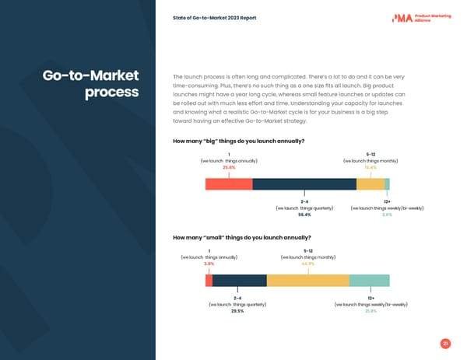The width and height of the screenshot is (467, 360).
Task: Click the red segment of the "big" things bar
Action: pyautogui.click(x=229, y=184)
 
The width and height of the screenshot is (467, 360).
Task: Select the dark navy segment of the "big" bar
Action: pyautogui.click(x=304, y=184)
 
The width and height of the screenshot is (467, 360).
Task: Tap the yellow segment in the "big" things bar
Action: pyautogui.click(x=370, y=184)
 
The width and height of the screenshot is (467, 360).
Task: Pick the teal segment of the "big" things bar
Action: pyautogui.click(x=387, y=184)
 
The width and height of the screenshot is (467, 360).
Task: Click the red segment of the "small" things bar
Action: pyautogui.click(x=209, y=280)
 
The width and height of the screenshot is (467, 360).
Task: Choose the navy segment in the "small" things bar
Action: pyautogui.click(x=239, y=280)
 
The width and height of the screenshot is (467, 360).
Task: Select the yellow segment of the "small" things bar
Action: pyautogui.click(x=307, y=280)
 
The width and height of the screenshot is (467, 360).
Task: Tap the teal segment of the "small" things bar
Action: pyautogui.click(x=369, y=280)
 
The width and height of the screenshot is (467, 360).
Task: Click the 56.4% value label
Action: pyautogui.click(x=304, y=215)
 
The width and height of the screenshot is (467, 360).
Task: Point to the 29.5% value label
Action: pyautogui.click(x=237, y=311)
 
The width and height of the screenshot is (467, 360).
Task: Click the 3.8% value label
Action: pyautogui.click(x=209, y=264)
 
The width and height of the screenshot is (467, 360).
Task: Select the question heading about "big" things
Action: pyautogui.click(x=238, y=141)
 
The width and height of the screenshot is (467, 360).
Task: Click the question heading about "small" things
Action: pyautogui.click(x=241, y=237)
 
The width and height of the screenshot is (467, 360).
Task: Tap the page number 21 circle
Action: pyautogui.click(x=445, y=343)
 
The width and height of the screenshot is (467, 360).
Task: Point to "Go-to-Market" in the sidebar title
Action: pyautogui.click(x=91, y=75)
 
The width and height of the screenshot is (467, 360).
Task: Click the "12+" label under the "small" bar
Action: pyautogui.click(x=370, y=298)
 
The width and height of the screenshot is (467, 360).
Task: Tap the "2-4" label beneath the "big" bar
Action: pyautogui.click(x=304, y=202)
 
